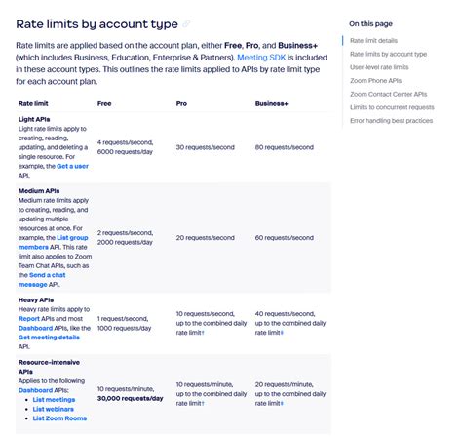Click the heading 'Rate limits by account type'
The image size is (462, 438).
(96, 23)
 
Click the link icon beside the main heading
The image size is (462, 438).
(187, 24)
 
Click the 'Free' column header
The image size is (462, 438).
(104, 102)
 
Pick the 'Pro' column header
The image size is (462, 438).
(182, 102)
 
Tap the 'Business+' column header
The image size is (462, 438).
(271, 102)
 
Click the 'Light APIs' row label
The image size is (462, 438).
(35, 120)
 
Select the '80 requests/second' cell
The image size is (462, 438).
(286, 147)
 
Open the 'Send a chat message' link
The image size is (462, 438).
(49, 281)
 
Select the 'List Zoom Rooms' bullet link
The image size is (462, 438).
(60, 418)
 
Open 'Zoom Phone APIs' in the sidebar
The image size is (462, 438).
(375, 80)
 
